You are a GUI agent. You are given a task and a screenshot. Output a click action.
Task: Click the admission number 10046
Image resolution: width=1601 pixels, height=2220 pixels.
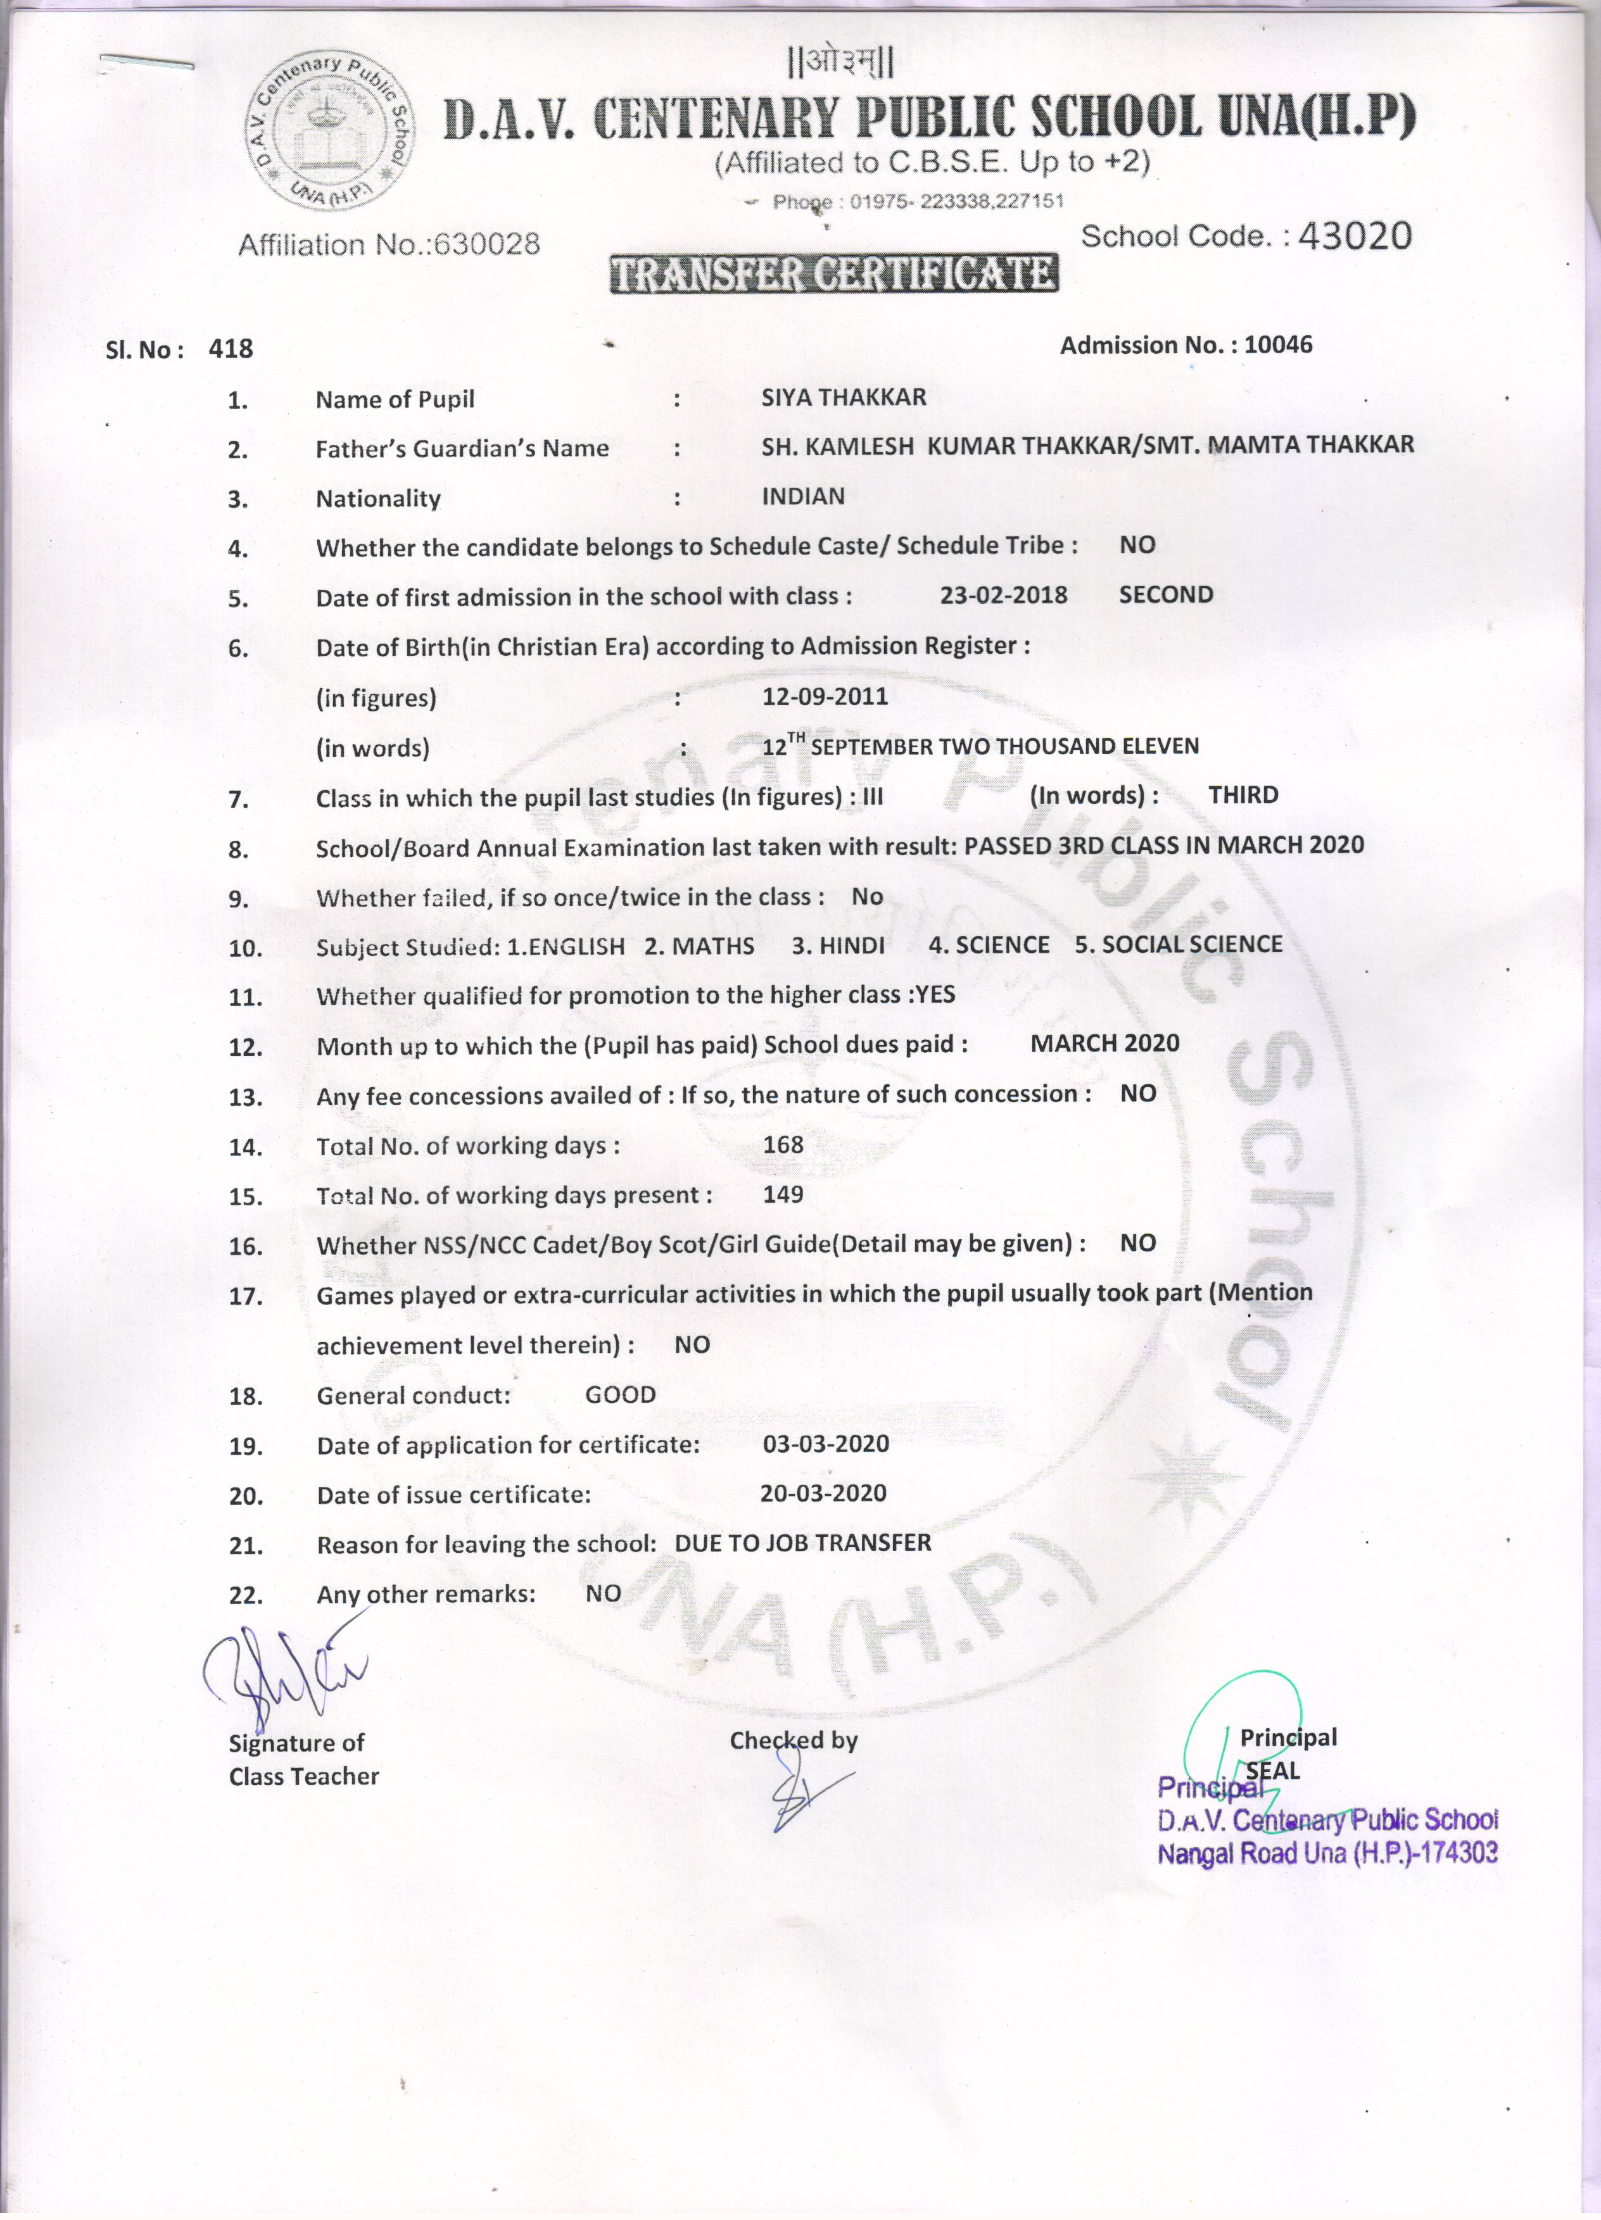click(x=1278, y=344)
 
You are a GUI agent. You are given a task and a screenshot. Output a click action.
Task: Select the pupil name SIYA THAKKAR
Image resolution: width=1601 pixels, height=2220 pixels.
click(x=843, y=396)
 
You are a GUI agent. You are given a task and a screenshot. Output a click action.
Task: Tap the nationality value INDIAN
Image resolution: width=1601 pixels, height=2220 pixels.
click(x=803, y=496)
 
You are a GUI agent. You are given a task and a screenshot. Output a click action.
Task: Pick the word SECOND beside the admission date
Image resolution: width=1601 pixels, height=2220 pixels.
click(x=1165, y=594)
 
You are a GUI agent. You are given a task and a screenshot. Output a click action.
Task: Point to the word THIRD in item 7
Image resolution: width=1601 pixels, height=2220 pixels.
click(x=1243, y=795)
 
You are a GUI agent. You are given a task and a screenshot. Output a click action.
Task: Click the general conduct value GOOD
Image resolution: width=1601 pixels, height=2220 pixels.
click(x=620, y=1394)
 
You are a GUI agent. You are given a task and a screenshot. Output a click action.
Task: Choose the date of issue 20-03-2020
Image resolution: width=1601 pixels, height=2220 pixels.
click(x=823, y=1493)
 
